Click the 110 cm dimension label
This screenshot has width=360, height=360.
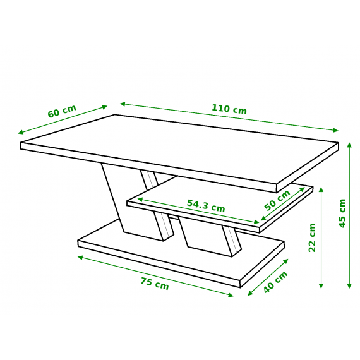click(229, 109)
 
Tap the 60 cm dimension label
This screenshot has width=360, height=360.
click(61, 111)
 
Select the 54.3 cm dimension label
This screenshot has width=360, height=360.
click(206, 205)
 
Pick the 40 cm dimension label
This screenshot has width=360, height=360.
click(275, 282)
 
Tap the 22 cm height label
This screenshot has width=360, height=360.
click(312, 237)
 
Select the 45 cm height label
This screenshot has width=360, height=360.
click(342, 213)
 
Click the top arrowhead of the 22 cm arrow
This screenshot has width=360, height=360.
click(321, 189)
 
